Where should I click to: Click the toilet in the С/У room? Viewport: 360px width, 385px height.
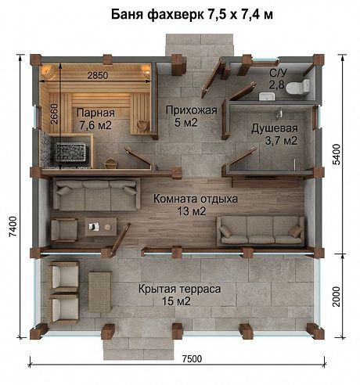tap(297, 87)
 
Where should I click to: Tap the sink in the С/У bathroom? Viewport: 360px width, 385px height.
tap(267, 96)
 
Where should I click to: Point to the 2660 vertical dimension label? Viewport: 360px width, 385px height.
tap(54, 114)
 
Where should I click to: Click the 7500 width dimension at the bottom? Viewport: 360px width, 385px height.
tap(192, 359)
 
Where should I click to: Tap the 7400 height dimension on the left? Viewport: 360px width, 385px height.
tap(13, 226)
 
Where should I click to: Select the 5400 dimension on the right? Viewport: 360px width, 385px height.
tap(337, 154)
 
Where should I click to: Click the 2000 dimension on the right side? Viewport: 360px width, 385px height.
tap(337, 297)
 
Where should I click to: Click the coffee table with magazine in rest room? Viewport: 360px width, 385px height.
tap(101, 227)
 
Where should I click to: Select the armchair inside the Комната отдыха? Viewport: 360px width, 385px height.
tap(64, 230)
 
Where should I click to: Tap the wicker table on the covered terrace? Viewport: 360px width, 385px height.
tap(100, 292)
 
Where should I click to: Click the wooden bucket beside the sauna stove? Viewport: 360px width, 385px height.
tap(111, 164)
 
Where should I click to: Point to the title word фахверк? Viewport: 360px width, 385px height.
tap(175, 15)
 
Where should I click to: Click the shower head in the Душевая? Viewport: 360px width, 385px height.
tap(279, 113)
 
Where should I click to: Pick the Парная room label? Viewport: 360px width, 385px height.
tap(95, 119)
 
